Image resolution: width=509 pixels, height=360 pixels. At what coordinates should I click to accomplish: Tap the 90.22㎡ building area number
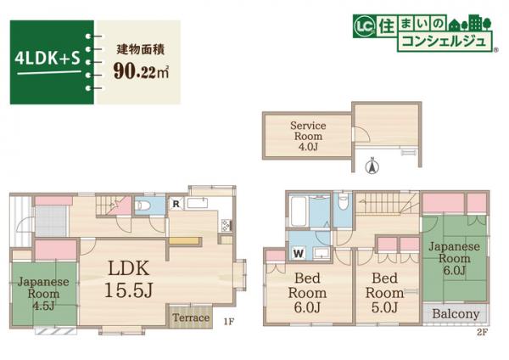pos(140,71)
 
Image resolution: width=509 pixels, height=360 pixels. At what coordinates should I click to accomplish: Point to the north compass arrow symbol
pos(370,167)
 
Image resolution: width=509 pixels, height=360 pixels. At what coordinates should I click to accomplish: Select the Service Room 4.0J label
pos(308,135)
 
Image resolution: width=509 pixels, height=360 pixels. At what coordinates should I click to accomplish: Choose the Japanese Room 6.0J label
pos(455,258)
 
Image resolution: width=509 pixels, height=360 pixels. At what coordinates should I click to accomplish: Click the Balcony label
pos(455,314)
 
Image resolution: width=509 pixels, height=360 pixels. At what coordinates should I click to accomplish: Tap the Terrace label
pos(191,318)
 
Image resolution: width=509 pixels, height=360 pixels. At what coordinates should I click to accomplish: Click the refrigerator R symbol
pos(175,204)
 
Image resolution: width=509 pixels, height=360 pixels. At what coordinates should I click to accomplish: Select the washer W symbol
pos(298,253)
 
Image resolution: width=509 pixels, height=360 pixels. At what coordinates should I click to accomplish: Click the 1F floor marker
pos(228,323)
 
